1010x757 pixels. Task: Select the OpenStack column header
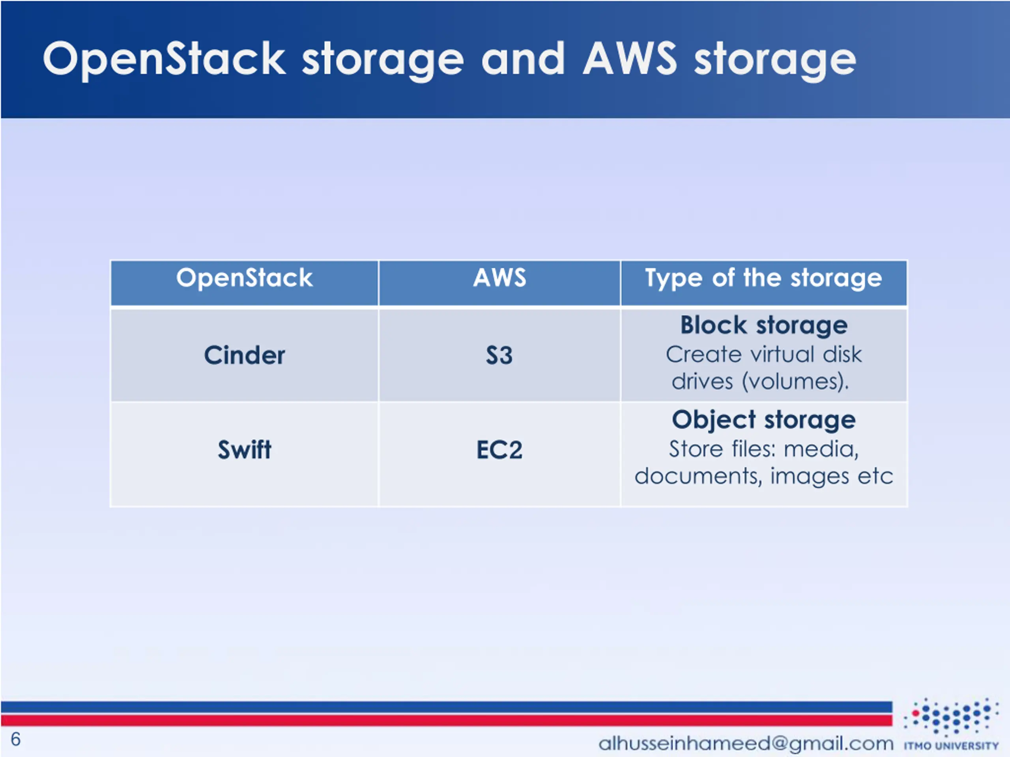[244, 278]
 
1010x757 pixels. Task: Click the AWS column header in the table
[499, 278]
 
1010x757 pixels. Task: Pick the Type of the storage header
[763, 278]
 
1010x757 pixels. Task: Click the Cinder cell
[244, 356]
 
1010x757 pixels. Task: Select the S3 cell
[499, 356]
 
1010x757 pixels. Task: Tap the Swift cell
[244, 450]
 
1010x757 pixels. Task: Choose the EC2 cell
[499, 450]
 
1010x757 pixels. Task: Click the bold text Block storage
[764, 325]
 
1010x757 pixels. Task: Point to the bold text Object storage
[764, 420]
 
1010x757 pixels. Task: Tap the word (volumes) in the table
[795, 382]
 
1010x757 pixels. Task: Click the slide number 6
[15, 739]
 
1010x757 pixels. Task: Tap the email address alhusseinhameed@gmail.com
[746, 744]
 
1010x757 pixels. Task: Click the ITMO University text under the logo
[951, 746]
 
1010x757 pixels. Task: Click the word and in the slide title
[523, 59]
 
